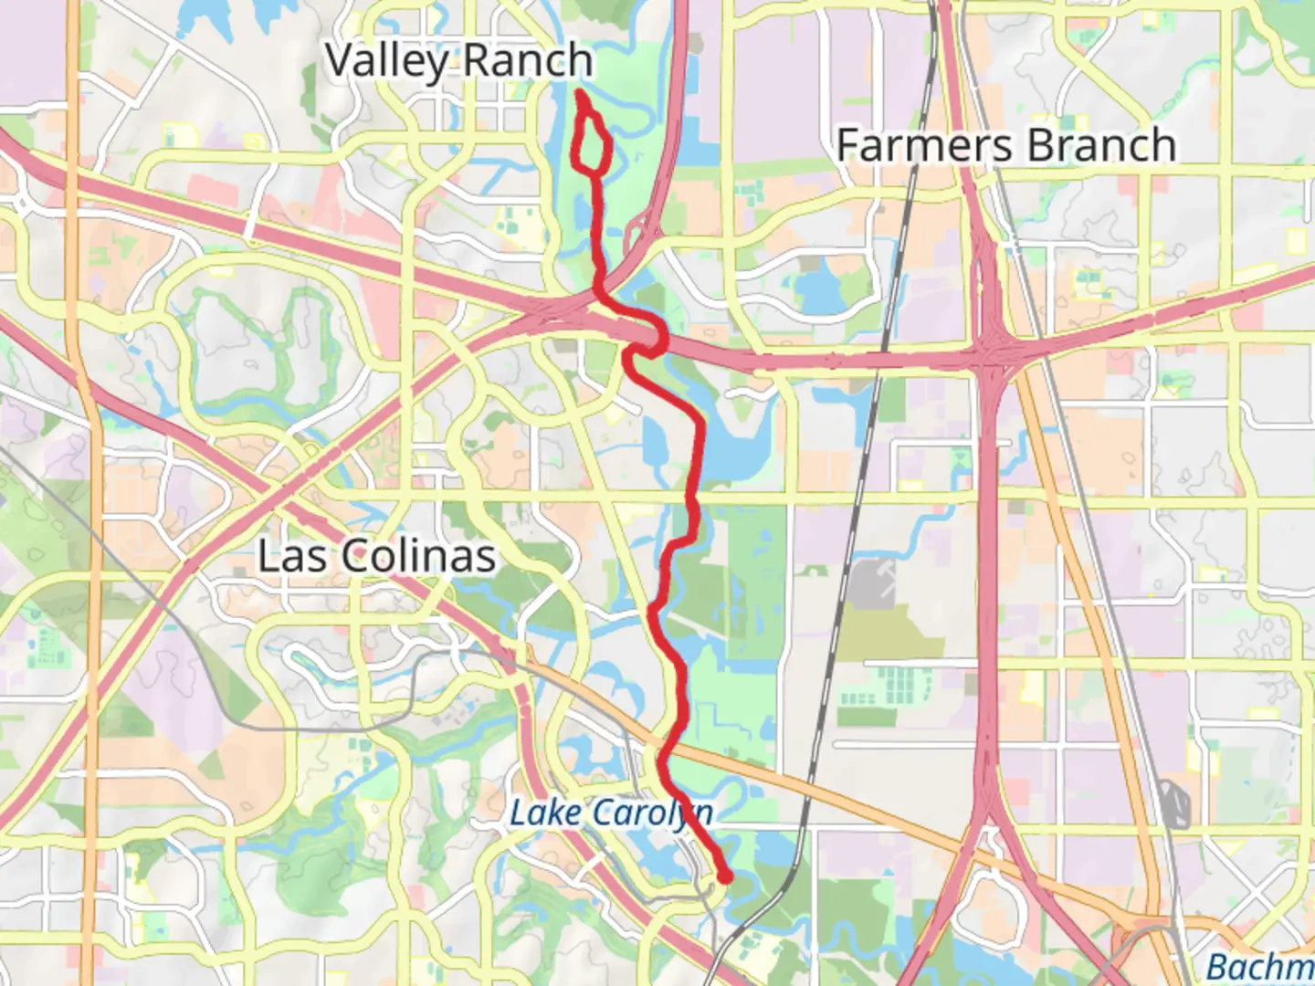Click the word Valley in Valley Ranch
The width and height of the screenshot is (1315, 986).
386,62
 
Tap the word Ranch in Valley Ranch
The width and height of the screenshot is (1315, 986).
527,60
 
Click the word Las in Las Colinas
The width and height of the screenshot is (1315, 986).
287,556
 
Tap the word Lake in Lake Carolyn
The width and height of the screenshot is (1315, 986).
543,812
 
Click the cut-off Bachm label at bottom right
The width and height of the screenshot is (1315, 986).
1260,966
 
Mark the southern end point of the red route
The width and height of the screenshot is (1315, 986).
725,878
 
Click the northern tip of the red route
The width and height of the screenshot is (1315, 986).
581,93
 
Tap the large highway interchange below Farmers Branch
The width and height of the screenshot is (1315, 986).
991,356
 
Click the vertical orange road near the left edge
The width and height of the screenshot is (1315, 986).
87,548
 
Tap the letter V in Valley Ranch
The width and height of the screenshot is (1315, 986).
340,60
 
